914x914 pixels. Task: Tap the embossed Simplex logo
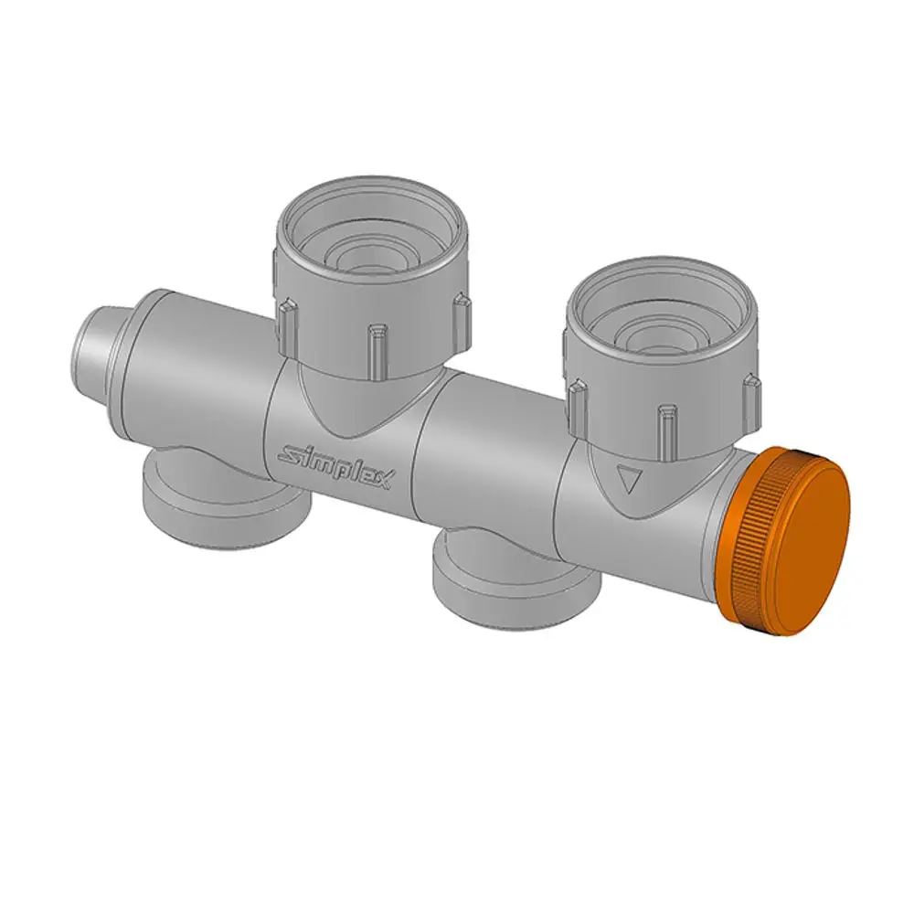(335, 466)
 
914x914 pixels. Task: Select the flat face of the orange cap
(809, 542)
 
